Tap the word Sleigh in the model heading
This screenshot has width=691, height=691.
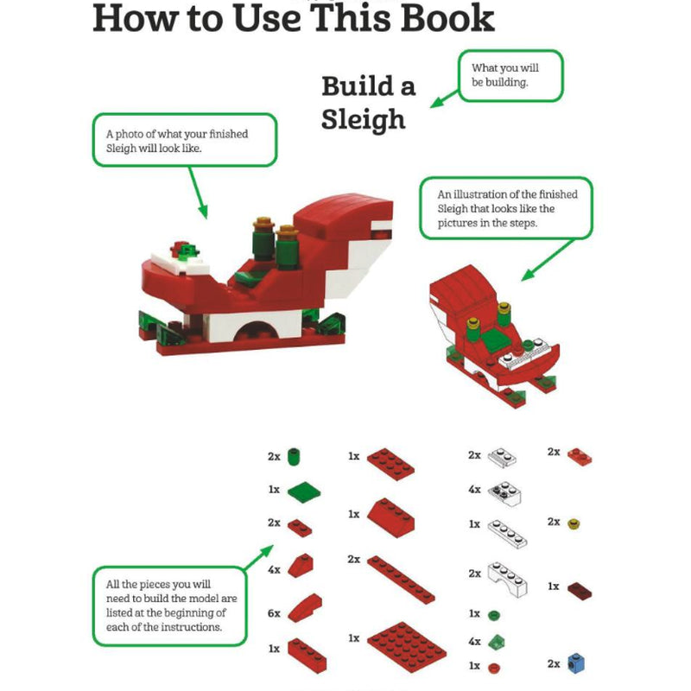[x=363, y=120]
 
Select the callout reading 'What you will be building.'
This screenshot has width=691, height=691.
[x=510, y=75]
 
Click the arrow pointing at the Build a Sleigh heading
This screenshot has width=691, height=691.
[x=444, y=98]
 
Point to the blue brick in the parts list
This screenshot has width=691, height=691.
[x=576, y=662]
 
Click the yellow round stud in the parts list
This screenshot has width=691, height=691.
[x=574, y=524]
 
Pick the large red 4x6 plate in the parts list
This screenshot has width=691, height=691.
[x=406, y=647]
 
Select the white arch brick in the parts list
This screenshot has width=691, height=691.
[x=508, y=579]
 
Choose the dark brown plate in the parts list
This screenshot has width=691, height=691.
[x=579, y=591]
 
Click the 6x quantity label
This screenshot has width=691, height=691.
[x=274, y=613]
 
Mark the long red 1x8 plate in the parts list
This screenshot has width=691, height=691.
[x=401, y=579]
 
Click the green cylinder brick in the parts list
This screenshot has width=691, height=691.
[x=294, y=457]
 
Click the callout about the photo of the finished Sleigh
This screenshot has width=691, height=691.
[x=185, y=140]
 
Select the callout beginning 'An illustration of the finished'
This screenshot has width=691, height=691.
[x=506, y=208]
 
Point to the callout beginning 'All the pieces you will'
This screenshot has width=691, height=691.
[x=169, y=606]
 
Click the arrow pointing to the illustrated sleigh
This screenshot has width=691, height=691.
[x=548, y=260]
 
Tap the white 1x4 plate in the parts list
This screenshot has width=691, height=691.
[x=507, y=534]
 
